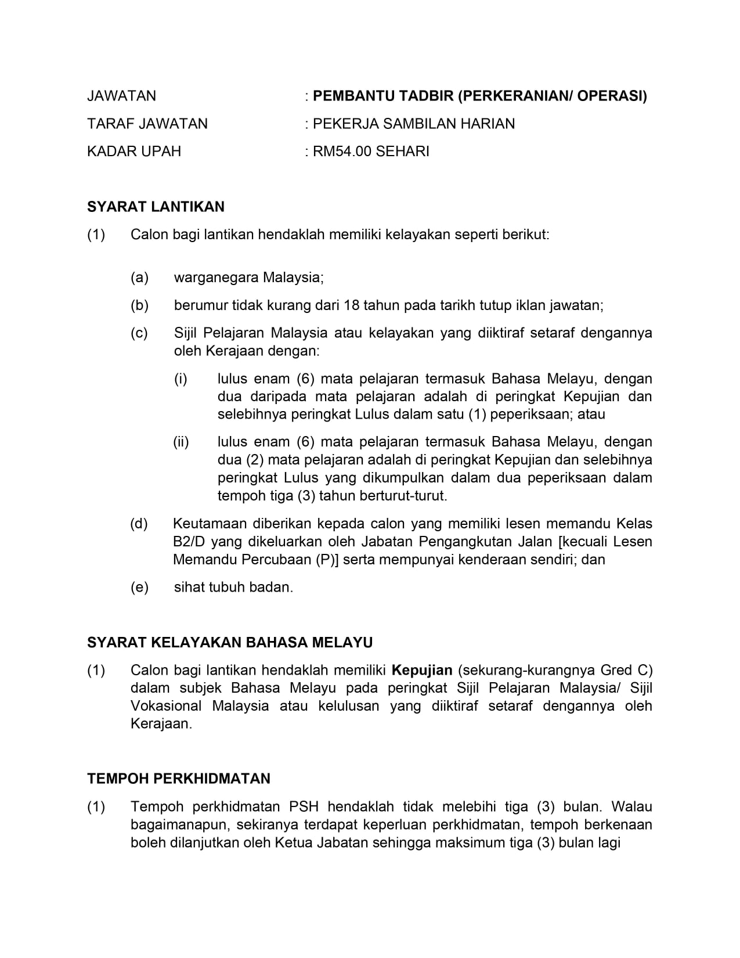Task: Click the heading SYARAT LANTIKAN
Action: pos(156,207)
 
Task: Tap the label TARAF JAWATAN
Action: pos(147,124)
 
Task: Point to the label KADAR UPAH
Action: pos(133,152)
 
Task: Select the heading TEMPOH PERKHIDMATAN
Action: pos(179,779)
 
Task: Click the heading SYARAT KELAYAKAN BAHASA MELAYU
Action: pos(230,643)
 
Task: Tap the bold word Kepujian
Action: pos(422,671)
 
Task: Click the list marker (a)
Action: pos(139,278)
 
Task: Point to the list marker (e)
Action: pos(139,588)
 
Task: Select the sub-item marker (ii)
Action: pos(181,442)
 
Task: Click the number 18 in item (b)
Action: pos(352,305)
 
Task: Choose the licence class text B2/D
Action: pos(188,542)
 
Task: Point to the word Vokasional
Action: pos(166,707)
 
